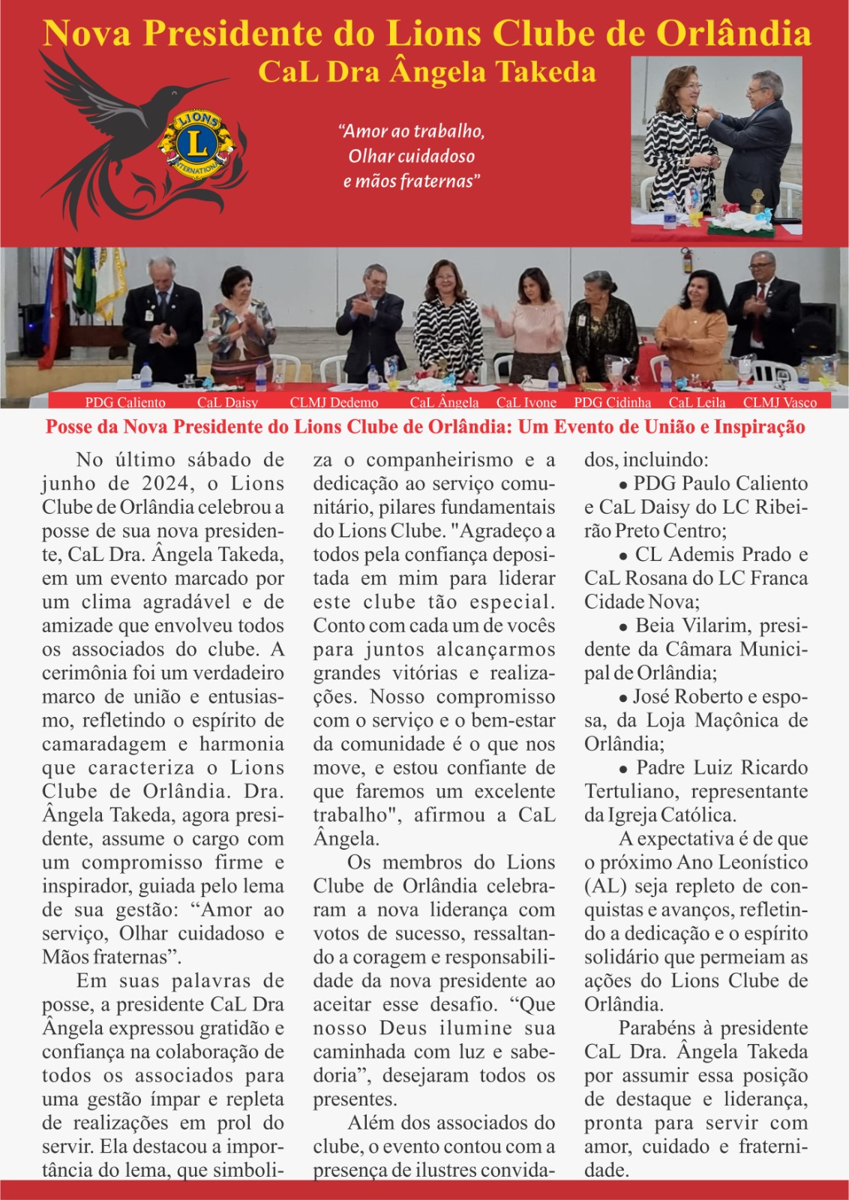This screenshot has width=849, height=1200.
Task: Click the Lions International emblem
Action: pyautogui.click(x=196, y=144)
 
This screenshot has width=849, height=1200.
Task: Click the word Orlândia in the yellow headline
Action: pyautogui.click(x=734, y=34)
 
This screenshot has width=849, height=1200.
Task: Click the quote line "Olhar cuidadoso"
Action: pyautogui.click(x=411, y=156)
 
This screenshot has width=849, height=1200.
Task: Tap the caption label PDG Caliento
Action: pyautogui.click(x=125, y=403)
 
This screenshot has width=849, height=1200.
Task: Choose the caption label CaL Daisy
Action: pyautogui.click(x=227, y=403)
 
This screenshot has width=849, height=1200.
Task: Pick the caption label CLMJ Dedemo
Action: pyautogui.click(x=334, y=403)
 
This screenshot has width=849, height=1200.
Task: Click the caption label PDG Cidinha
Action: pyautogui.click(x=612, y=403)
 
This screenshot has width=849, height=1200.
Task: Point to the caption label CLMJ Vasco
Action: pyautogui.click(x=779, y=403)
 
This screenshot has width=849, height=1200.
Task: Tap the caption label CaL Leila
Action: pyautogui.click(x=697, y=403)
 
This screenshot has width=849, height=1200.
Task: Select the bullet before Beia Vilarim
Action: pyautogui.click(x=623, y=627)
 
